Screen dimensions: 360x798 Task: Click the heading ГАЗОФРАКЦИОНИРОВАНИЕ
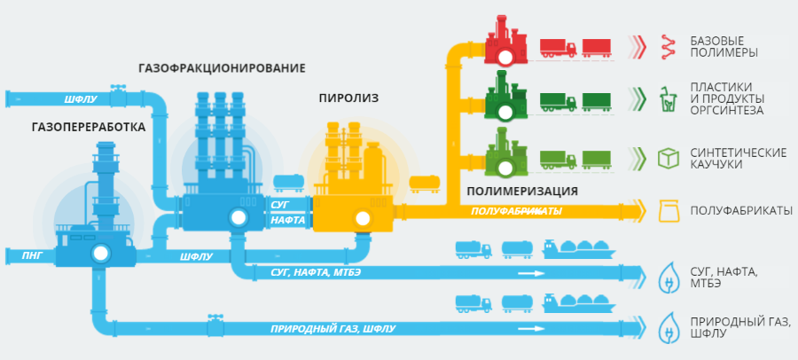222,68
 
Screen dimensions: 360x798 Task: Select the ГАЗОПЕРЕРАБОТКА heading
88,127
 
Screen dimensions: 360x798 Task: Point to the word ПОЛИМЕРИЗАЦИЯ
521,191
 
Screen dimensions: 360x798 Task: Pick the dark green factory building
505,99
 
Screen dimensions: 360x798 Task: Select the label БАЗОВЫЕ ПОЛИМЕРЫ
716,47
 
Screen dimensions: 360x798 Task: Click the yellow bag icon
667,211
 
